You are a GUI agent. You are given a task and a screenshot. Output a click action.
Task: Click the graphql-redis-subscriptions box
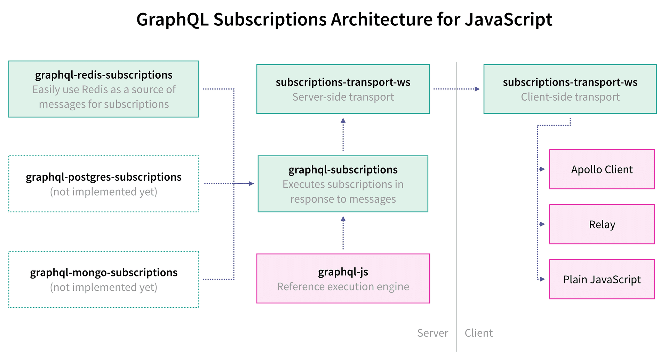point(104,89)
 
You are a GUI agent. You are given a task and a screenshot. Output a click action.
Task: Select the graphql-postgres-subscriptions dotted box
point(104,184)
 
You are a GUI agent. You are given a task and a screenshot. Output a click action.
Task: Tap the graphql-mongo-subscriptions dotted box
point(104,279)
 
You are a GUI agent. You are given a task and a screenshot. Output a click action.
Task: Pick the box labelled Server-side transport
point(343,89)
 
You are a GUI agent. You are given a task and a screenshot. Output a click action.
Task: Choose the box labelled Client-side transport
point(570,89)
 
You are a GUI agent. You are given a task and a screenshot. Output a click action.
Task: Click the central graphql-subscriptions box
point(343,184)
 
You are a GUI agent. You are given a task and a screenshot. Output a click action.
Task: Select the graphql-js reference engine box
point(343,279)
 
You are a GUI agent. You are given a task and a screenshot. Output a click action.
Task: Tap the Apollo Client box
point(602,169)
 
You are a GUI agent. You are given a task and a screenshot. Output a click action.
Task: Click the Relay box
point(602,224)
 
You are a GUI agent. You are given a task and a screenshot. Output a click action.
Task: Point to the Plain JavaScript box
point(602,279)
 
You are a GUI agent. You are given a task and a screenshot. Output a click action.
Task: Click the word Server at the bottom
point(432,333)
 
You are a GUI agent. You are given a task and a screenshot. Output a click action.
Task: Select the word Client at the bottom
point(479,333)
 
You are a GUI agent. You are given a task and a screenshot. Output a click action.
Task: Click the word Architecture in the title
point(382,19)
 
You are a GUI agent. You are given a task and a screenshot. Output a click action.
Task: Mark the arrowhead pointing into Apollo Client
point(542,169)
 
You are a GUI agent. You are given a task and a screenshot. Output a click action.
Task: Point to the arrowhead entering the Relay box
point(542,224)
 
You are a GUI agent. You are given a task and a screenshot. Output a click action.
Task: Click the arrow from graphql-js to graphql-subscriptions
point(343,233)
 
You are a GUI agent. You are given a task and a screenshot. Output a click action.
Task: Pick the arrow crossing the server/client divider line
point(456,89)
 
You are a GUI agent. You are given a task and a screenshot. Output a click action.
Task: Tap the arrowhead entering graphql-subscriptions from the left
point(251,183)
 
